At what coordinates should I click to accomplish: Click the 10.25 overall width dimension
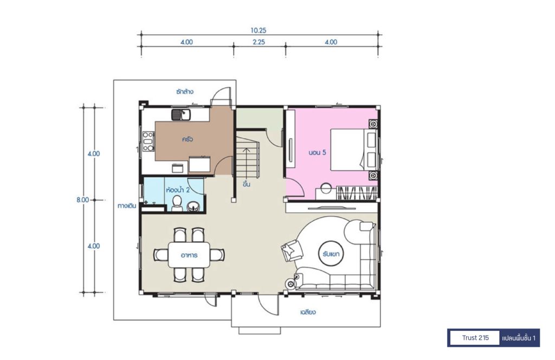[259, 30]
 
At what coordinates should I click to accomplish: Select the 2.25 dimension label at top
[259, 42]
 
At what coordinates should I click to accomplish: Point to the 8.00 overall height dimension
[82, 200]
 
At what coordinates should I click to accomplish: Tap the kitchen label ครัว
[187, 139]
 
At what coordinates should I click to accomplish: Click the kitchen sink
[181, 114]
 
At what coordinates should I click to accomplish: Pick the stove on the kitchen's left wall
[149, 142]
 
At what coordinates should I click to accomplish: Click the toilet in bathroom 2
[177, 203]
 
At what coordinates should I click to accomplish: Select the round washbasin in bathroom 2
[193, 206]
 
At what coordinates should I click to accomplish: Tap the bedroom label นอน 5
[317, 152]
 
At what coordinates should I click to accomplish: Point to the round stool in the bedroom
[326, 188]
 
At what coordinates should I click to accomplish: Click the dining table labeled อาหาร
[189, 254]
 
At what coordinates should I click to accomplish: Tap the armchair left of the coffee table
[292, 250]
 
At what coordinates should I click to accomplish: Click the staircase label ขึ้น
[247, 184]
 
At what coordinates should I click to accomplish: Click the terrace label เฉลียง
[308, 312]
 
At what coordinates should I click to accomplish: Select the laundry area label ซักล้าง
[185, 92]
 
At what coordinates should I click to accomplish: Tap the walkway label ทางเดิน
[127, 205]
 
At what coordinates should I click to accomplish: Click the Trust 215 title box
[475, 338]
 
